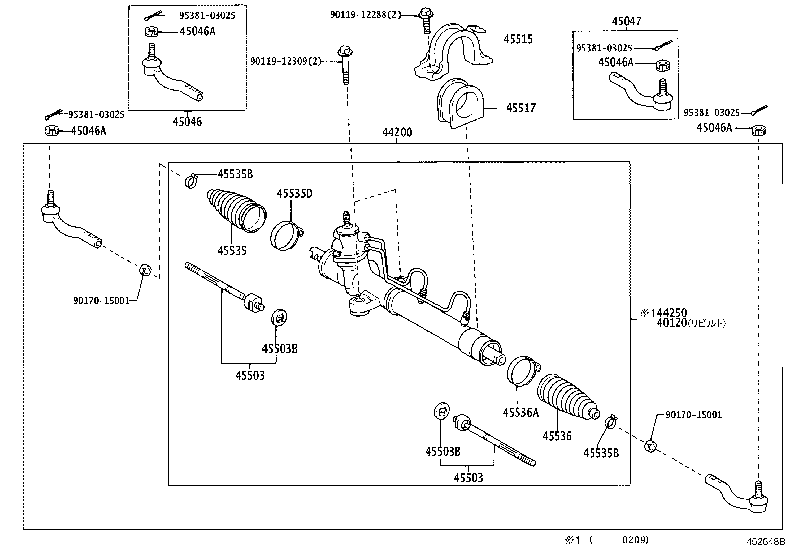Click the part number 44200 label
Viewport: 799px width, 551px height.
pos(396,132)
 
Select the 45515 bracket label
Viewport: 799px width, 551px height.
pos(518,39)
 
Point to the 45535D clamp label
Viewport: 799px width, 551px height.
pos(294,193)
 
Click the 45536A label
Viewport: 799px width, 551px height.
pos(520,412)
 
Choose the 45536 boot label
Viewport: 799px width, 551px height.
pos(557,436)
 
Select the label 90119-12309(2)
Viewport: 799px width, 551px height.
pos(286,61)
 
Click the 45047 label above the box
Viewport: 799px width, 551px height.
pos(626,21)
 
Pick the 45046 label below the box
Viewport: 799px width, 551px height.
pos(187,122)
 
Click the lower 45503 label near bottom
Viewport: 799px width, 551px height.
pos(468,478)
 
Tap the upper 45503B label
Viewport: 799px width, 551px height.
pos(279,349)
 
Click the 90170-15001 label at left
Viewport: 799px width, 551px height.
pos(101,301)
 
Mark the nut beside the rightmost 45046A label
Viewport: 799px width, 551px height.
pos(759,131)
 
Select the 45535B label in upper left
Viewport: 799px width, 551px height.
pos(235,174)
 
